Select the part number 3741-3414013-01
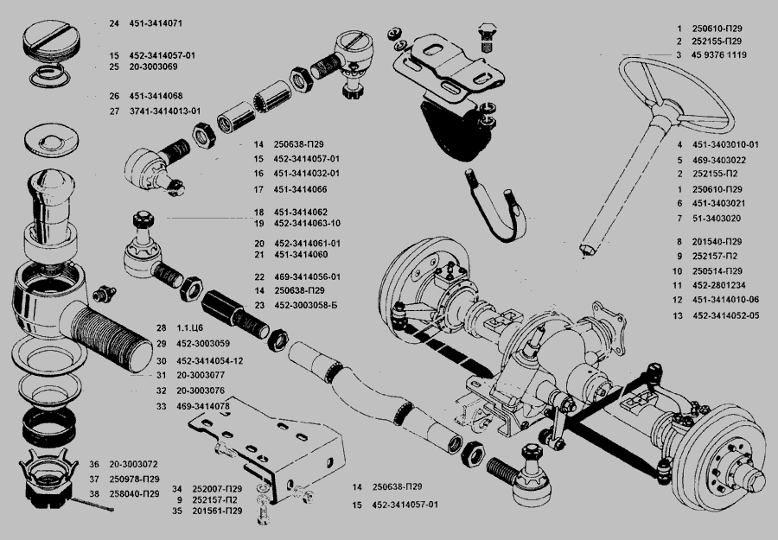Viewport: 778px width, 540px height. pyautogui.click(x=167, y=111)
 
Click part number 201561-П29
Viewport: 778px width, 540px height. pyautogui.click(x=217, y=511)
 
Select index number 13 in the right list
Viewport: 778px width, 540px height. pyautogui.click(x=680, y=315)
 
